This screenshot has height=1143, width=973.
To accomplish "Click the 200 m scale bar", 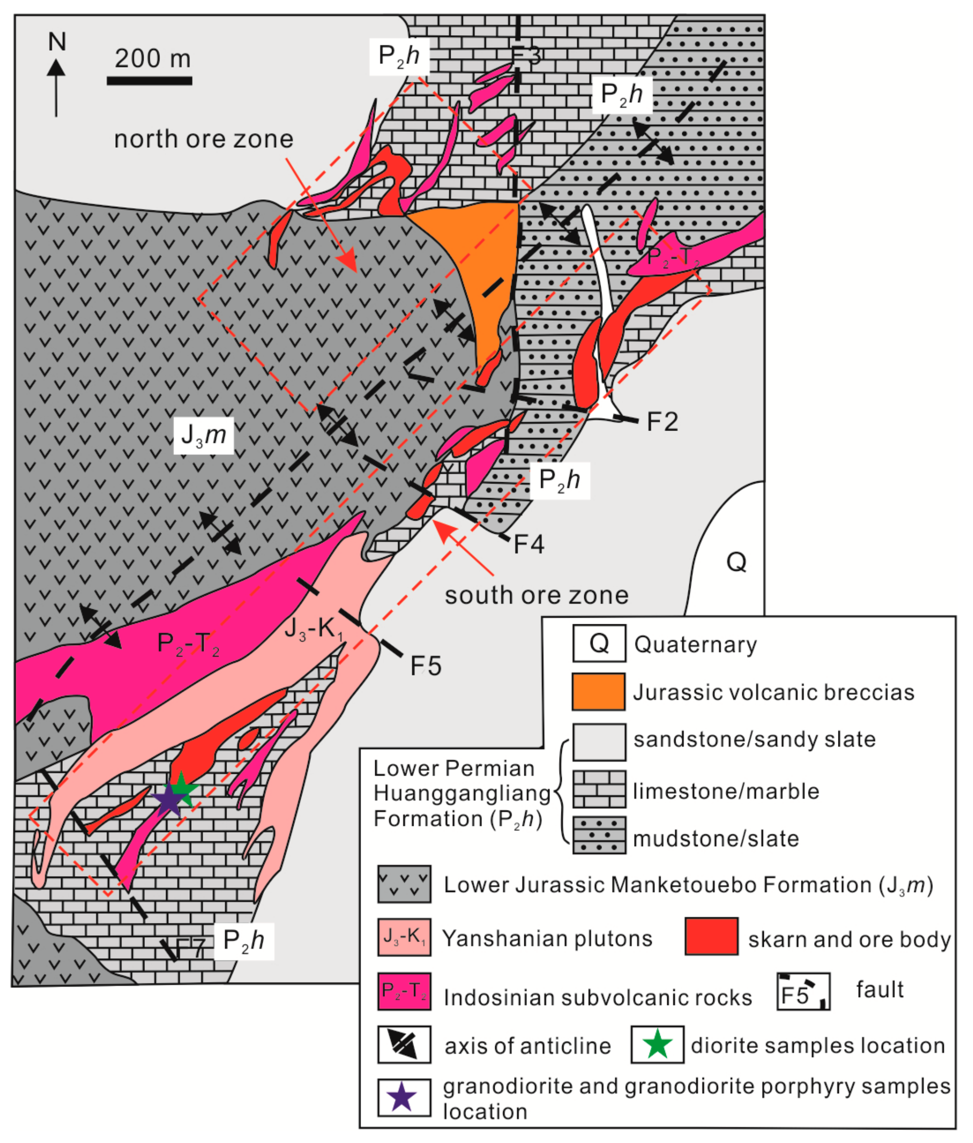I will click(x=150, y=81).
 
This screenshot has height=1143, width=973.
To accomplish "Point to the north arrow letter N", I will click(x=57, y=42).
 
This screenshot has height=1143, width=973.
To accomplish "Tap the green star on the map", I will click(x=182, y=789).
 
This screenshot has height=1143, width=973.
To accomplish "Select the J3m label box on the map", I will click(x=204, y=436).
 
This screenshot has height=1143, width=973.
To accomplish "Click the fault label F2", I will click(x=662, y=422).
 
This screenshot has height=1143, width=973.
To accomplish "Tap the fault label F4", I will click(x=529, y=545).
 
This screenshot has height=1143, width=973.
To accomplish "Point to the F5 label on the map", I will click(x=426, y=666).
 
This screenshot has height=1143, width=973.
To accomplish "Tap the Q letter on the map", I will click(x=736, y=562).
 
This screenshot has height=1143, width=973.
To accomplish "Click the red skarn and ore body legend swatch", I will click(x=711, y=936).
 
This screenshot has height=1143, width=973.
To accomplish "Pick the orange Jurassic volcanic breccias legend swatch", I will click(x=598, y=692).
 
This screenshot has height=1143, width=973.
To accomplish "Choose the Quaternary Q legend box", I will click(x=599, y=643).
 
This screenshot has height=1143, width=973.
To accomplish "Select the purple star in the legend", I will click(x=403, y=1097).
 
